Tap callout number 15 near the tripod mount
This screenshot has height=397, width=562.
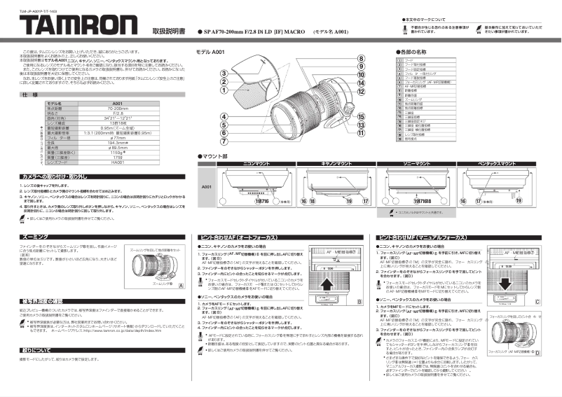[360, 116]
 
